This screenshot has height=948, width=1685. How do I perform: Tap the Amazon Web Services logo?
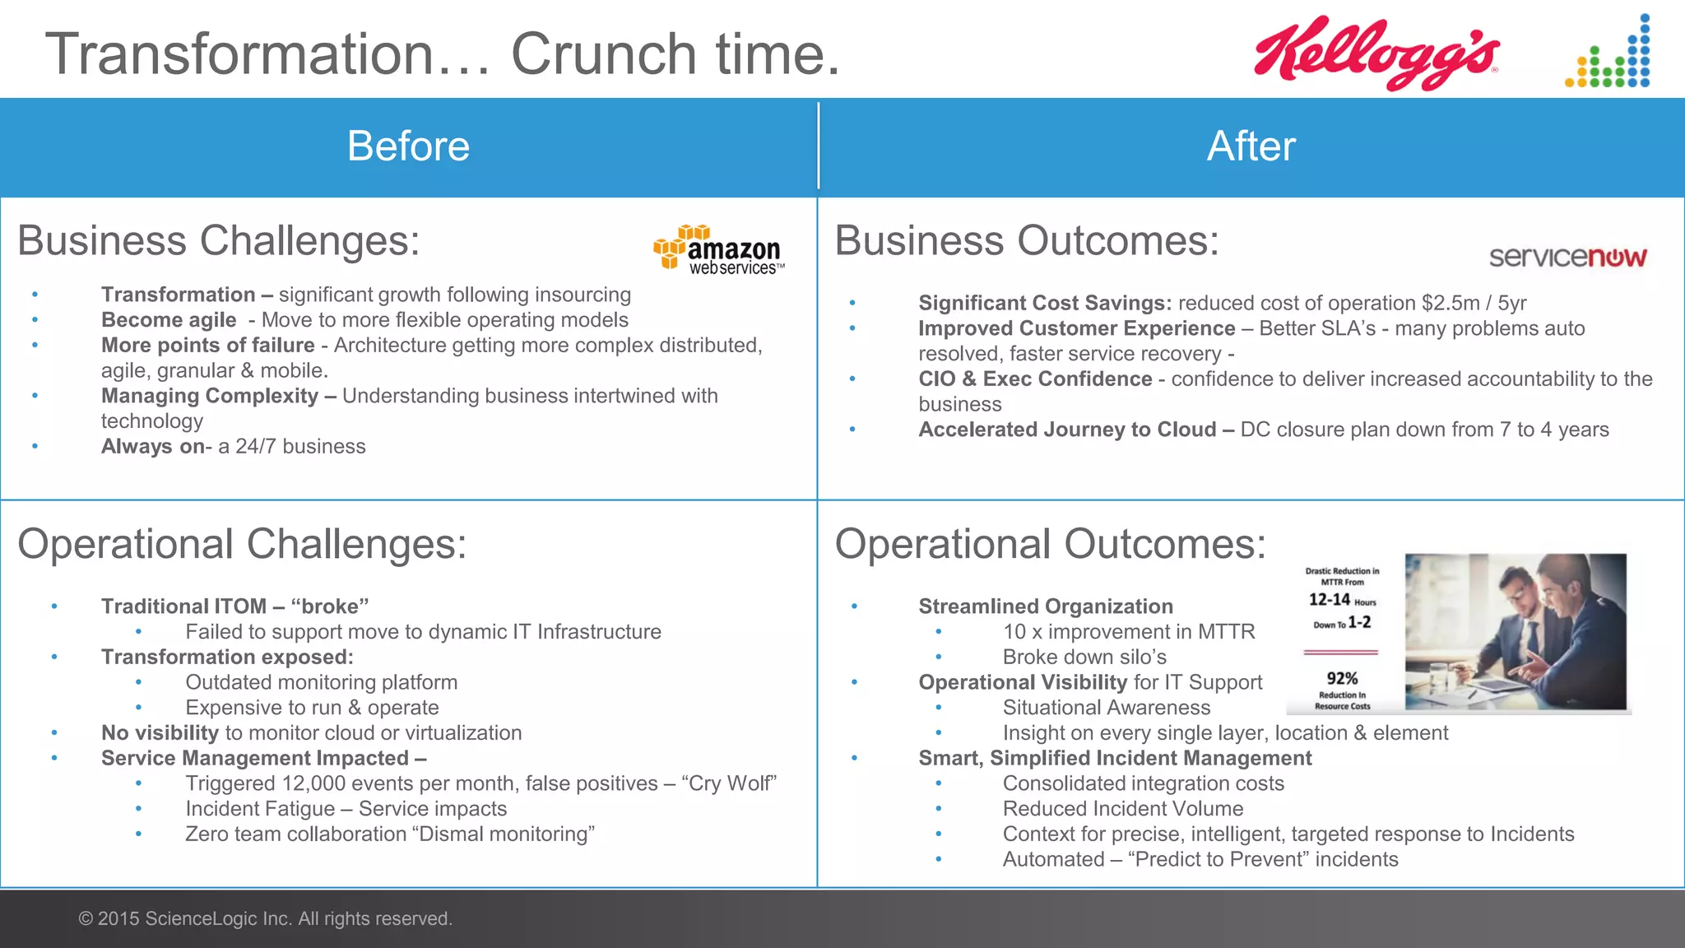click(719, 250)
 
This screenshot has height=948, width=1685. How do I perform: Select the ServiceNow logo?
click(1567, 257)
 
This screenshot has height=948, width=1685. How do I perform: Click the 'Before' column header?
click(408, 146)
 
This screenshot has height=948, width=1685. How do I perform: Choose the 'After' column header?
click(1251, 146)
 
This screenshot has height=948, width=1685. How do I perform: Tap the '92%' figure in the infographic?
click(1342, 678)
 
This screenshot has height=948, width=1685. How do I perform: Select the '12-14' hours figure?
click(1330, 600)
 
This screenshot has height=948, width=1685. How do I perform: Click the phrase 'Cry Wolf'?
click(728, 783)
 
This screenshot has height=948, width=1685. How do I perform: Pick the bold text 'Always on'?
click(153, 446)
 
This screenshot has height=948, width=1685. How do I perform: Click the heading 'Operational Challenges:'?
click(242, 544)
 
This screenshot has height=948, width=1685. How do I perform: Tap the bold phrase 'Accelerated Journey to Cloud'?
click(1067, 430)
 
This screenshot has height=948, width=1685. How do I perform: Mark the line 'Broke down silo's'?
click(1084, 657)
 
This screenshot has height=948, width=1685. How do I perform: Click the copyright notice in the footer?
click(265, 918)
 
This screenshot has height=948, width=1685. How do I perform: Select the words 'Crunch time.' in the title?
click(675, 54)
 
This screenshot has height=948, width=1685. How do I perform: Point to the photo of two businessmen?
click(1515, 632)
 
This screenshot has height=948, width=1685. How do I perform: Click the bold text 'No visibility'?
click(160, 732)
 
